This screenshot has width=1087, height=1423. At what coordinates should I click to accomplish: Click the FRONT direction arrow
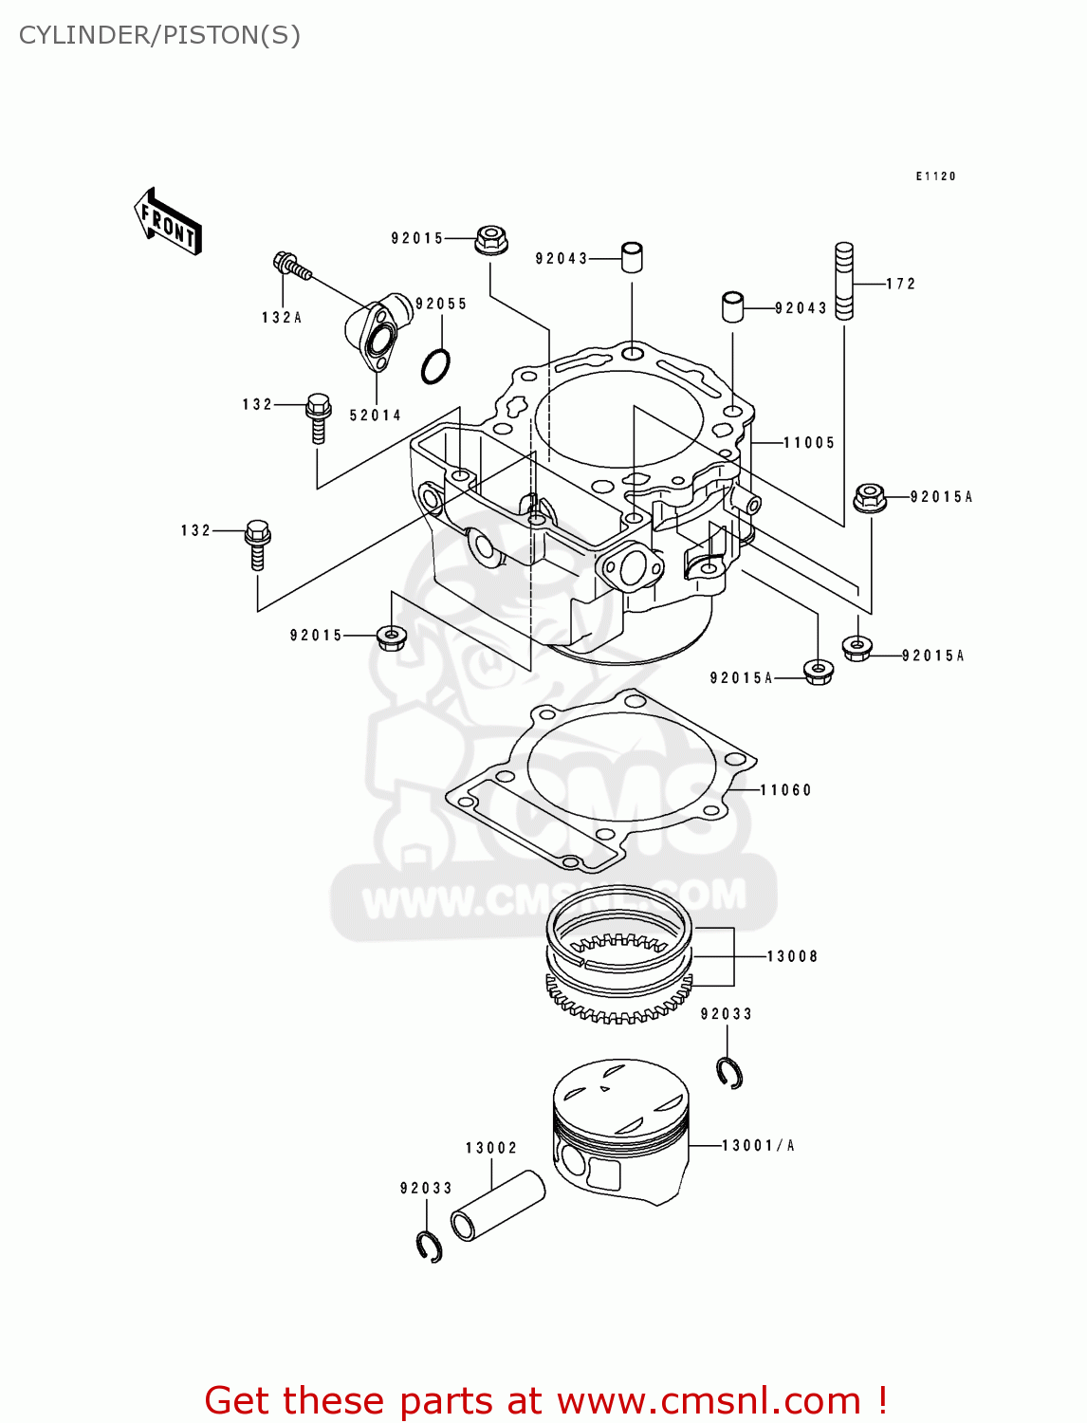(x=168, y=220)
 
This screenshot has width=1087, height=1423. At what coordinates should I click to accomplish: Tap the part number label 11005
(x=809, y=442)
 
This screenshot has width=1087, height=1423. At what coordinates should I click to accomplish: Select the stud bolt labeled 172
(x=843, y=281)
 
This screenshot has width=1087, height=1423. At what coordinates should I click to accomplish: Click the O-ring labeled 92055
(x=435, y=365)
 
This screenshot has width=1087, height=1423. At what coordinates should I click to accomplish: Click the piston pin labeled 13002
(x=497, y=1206)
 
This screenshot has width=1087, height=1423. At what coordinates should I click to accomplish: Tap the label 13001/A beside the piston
(x=758, y=1146)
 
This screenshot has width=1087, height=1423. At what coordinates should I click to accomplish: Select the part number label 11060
(x=785, y=789)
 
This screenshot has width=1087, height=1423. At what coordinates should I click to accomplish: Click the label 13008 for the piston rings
(x=792, y=956)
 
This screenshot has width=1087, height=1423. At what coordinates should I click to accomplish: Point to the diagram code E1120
(x=935, y=176)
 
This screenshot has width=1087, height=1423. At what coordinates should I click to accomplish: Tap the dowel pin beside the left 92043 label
(x=632, y=257)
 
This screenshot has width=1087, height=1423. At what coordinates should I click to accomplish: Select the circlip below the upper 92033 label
(x=729, y=1072)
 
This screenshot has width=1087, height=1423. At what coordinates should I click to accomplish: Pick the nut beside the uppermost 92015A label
(x=870, y=497)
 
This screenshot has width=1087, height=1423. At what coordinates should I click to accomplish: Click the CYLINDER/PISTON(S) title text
(x=159, y=35)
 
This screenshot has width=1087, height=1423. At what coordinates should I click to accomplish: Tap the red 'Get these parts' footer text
(x=545, y=1400)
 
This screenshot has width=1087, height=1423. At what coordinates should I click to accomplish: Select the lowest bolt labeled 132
(x=257, y=544)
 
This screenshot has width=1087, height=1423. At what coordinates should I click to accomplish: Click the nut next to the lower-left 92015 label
(x=390, y=637)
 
